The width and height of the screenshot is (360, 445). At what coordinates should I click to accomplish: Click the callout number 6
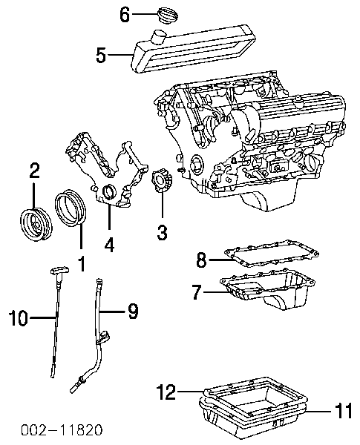click(125, 15)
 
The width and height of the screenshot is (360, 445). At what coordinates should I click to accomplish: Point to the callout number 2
click(34, 171)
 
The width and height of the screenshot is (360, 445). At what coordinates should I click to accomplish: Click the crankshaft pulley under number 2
click(36, 225)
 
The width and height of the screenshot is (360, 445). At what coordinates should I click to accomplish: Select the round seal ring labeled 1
click(71, 208)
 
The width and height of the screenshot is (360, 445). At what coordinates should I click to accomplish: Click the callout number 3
click(162, 232)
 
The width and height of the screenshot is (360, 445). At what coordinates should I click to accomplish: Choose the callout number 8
click(201, 260)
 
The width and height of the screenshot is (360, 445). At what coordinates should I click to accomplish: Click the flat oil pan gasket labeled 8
click(272, 254)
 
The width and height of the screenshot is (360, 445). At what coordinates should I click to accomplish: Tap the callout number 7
click(197, 291)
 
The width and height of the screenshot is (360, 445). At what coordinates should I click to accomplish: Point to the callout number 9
click(133, 311)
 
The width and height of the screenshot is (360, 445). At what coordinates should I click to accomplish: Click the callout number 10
click(18, 317)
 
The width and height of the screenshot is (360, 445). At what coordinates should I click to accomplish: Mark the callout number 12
click(167, 392)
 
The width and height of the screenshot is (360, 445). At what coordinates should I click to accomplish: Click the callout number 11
click(344, 411)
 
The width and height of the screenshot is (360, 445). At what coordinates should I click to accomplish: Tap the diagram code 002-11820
click(62, 430)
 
